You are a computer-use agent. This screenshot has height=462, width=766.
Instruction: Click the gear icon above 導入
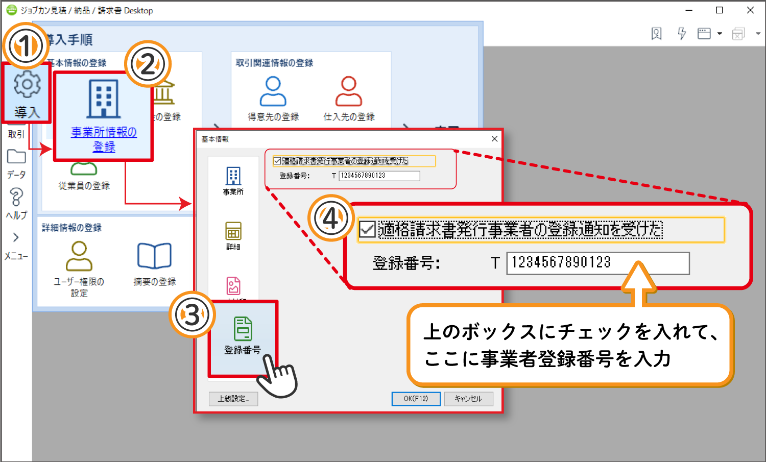(27, 84)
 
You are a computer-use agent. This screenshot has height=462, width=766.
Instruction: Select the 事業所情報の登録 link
(104, 139)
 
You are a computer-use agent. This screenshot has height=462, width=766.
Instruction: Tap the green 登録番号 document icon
(243, 329)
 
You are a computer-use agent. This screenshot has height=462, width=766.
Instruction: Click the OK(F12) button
(416, 399)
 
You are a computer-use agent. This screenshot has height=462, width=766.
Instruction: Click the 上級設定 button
(233, 399)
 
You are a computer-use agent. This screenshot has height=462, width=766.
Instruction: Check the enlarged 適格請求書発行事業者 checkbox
(368, 229)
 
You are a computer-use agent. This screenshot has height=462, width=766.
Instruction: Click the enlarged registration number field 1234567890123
(597, 263)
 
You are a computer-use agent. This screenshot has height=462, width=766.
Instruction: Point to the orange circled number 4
(331, 218)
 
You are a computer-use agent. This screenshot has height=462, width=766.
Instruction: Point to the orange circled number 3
(192, 315)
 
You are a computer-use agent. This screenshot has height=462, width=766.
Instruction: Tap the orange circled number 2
(148, 65)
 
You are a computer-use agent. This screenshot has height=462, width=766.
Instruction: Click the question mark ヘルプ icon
(16, 197)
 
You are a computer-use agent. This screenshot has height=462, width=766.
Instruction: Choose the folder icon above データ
(16, 157)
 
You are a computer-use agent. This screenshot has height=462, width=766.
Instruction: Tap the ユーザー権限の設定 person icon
(79, 256)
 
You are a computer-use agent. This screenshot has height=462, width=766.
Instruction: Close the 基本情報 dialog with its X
(494, 139)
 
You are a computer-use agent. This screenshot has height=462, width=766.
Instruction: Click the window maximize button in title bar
(720, 10)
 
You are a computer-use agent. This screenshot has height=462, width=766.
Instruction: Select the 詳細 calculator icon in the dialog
(233, 231)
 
